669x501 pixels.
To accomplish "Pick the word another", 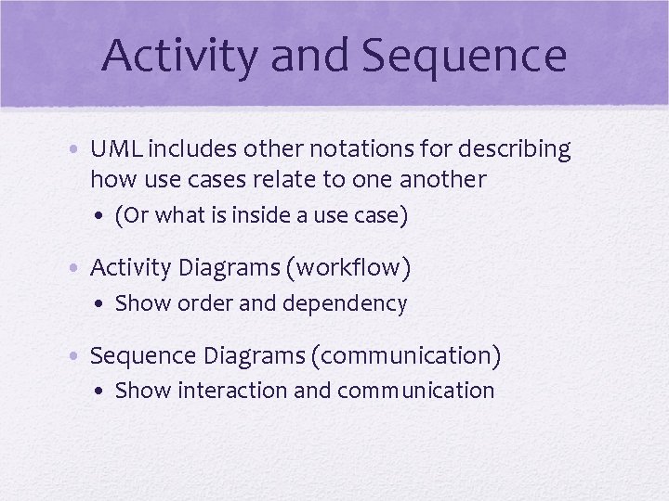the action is coord(445,178).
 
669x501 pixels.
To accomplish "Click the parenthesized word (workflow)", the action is coord(348,268).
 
